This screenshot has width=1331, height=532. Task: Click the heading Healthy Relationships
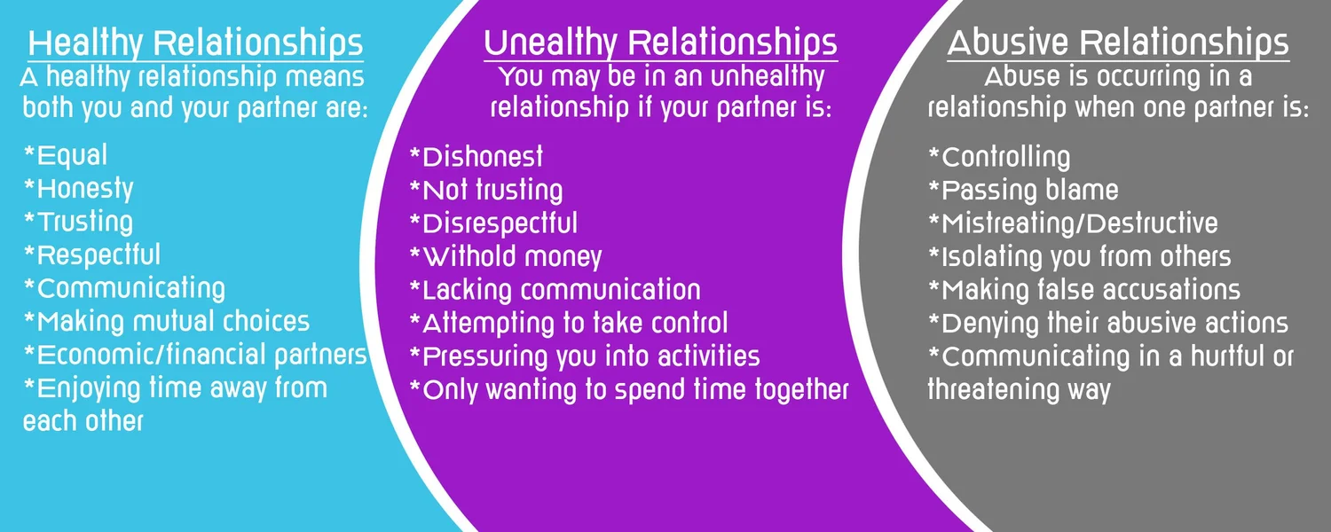[x=195, y=43]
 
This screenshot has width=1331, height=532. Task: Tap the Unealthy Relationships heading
[x=661, y=43]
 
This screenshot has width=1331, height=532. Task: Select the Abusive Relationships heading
[x=1118, y=43]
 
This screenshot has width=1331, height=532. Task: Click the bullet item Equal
[x=66, y=155]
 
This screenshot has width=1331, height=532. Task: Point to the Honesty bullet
[x=78, y=190]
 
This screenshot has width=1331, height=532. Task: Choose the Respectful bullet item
[x=92, y=255]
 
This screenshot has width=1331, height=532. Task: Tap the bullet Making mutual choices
[x=167, y=322]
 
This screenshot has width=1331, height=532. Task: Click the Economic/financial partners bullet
[x=195, y=355]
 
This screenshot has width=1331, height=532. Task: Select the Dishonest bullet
[x=476, y=157]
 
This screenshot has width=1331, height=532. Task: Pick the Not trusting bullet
[x=486, y=191]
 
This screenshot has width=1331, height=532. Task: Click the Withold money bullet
[x=506, y=257]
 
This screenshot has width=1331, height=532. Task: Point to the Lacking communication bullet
[x=555, y=290]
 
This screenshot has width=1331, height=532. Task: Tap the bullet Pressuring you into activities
[x=585, y=356]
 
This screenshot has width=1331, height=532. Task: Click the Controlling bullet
[x=999, y=157]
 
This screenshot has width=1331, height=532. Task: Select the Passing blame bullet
[x=1023, y=191]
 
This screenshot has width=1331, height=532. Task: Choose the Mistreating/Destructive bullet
[x=1073, y=223]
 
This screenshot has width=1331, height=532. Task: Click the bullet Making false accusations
[x=1084, y=290]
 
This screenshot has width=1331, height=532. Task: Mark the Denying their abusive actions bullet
[x=1108, y=324]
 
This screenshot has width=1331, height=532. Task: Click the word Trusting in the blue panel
[x=85, y=222]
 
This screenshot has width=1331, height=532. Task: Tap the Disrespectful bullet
[x=493, y=223]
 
